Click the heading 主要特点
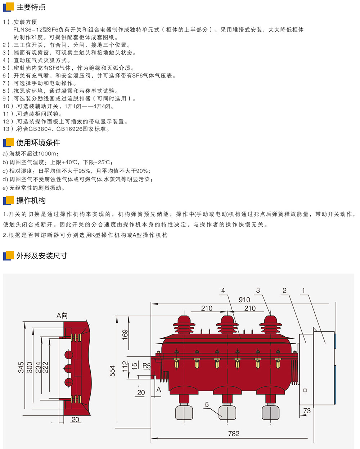click(x=31, y=7)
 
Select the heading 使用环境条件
click(x=38, y=143)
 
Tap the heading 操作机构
click(x=31, y=200)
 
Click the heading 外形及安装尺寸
click(x=42, y=256)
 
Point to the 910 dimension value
click(x=244, y=300)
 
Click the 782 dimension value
click(x=234, y=434)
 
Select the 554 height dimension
click(x=112, y=371)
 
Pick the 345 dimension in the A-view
click(x=21, y=368)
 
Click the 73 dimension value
click(x=307, y=410)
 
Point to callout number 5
click(x=207, y=405)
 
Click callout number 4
click(x=223, y=291)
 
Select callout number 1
click(x=303, y=290)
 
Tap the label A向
click(x=62, y=316)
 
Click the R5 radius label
click(x=147, y=366)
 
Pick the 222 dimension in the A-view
click(x=45, y=368)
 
